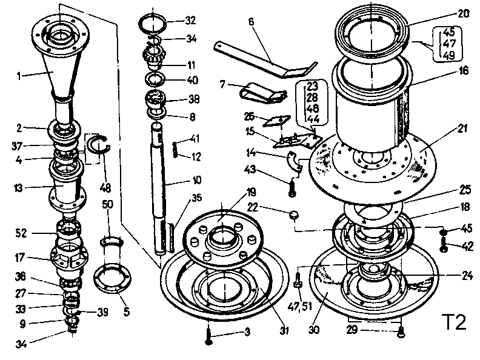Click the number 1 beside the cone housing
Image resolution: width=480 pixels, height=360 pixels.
pos(19,76)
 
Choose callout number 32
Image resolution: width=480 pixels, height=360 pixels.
pos(190,20)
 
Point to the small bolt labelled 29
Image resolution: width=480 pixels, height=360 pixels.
pos(400,331)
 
